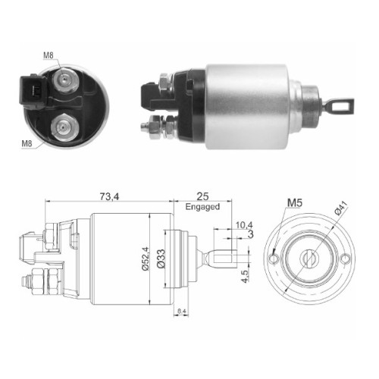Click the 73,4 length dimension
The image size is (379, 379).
[x=109, y=196]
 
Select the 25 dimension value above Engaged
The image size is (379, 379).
[x=202, y=196]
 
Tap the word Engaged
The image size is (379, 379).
[x=202, y=207]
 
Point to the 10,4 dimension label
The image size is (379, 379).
[x=244, y=224]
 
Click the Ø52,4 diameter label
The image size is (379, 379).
[x=146, y=258]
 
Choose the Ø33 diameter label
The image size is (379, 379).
[x=161, y=258]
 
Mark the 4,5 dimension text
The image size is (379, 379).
[x=245, y=276]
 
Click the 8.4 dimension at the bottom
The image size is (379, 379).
[x=181, y=312]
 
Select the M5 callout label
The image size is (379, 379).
[x=295, y=202]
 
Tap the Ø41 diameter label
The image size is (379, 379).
[x=341, y=208]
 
